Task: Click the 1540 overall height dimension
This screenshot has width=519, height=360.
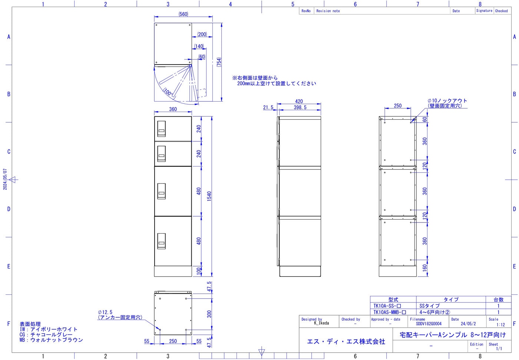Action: [x=209, y=196]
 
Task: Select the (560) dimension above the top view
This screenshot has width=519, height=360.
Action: [x=183, y=14]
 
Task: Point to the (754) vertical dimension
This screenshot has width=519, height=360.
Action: [x=219, y=62]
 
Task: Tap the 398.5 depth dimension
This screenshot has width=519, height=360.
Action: [x=300, y=107]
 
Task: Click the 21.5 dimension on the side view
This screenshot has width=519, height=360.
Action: [x=268, y=107]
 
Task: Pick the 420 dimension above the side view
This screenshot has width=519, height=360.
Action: [x=299, y=101]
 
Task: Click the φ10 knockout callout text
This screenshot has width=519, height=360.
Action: [x=447, y=103]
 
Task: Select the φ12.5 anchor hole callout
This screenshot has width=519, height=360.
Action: [x=120, y=315]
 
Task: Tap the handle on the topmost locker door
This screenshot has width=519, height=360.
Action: [x=162, y=129]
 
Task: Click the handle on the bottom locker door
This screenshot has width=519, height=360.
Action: [x=162, y=241]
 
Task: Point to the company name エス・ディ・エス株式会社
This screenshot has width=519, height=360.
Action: [x=346, y=341]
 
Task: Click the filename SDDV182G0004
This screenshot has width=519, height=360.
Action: [x=429, y=324]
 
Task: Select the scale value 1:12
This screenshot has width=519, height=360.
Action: [x=500, y=324]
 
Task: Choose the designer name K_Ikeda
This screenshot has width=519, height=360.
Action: [x=321, y=323]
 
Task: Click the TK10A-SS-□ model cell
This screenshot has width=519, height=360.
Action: [x=387, y=306]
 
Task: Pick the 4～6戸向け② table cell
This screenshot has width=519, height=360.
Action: [x=434, y=312]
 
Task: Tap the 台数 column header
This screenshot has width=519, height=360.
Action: [x=498, y=300]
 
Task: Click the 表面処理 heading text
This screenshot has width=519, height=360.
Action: [x=30, y=324]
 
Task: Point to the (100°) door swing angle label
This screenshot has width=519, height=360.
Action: [x=168, y=92]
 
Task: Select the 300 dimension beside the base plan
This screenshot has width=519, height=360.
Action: [x=209, y=314]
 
